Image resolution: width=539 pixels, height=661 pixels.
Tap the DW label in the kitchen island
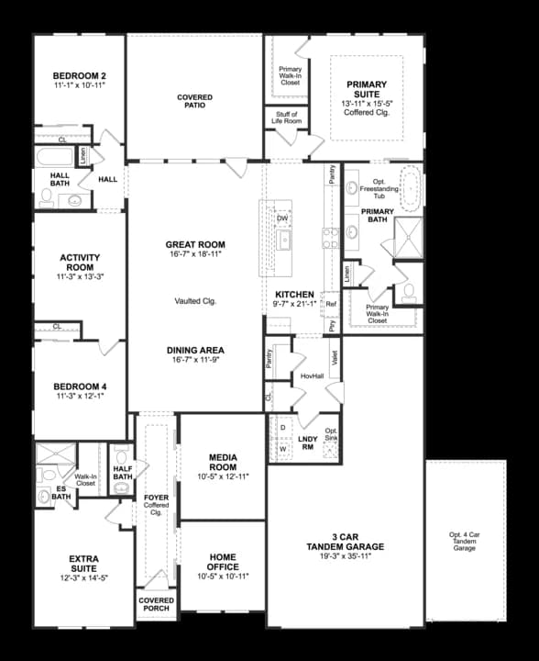282,218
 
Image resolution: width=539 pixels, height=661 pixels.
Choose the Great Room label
195,245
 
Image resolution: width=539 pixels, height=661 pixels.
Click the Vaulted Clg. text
195,301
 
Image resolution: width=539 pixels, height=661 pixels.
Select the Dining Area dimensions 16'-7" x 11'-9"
195,361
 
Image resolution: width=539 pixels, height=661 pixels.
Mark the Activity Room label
79,262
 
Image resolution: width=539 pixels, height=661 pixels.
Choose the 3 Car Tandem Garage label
345,542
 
